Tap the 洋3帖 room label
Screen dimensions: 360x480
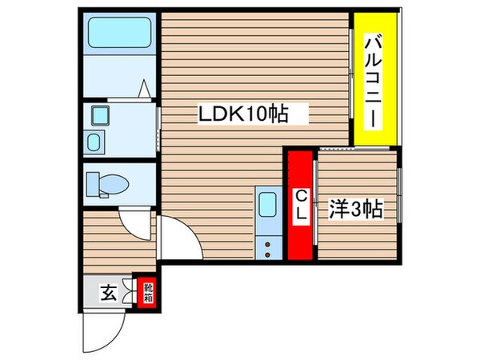[x=356, y=210]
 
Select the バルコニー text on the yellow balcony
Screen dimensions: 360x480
[x=373, y=79]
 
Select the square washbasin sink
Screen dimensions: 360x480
[x=101, y=117]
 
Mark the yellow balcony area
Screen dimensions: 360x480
[x=374, y=80]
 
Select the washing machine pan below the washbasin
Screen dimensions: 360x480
[x=94, y=145]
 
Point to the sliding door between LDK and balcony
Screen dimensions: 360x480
[x=352, y=80]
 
